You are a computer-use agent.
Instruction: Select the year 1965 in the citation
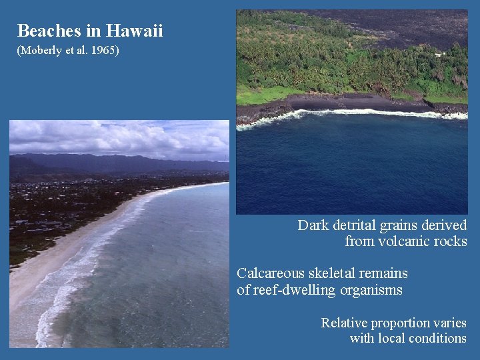tap(104, 51)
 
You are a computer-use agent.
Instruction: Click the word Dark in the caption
tap(313, 225)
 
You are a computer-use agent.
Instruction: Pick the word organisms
tap(371, 290)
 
